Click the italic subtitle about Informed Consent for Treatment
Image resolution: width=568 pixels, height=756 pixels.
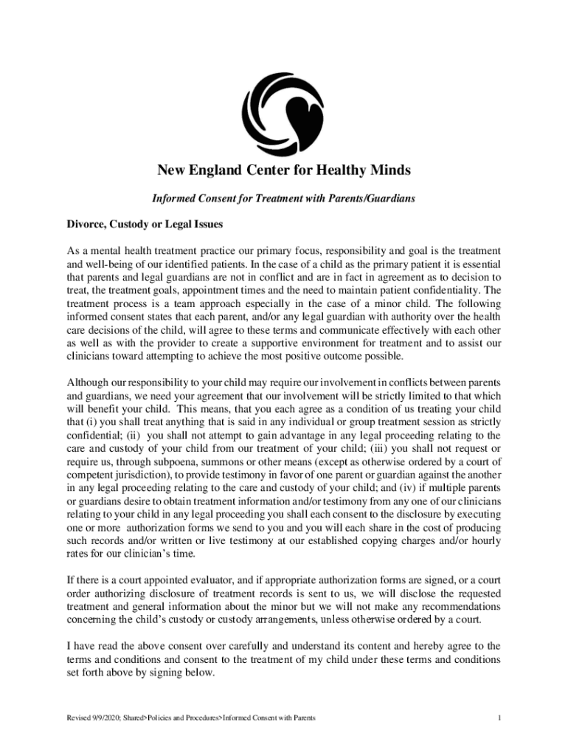[283, 199]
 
